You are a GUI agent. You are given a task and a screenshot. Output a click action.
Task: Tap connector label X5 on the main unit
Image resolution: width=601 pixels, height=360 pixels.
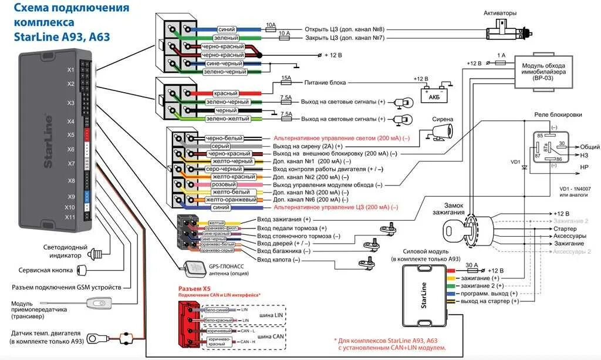click(x=70, y=135)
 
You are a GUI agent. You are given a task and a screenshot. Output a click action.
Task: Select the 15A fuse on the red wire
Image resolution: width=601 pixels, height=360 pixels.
click(x=286, y=83)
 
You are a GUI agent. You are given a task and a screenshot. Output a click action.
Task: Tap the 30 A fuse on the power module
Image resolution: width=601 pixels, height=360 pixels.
click(x=472, y=270)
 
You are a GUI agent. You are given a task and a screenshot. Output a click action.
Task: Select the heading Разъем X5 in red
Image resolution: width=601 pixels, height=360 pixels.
click(x=194, y=289)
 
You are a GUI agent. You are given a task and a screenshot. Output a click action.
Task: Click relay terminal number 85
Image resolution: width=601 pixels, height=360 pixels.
click(x=539, y=136)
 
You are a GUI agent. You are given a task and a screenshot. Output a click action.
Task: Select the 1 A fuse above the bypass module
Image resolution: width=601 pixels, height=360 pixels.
click(x=501, y=60)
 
